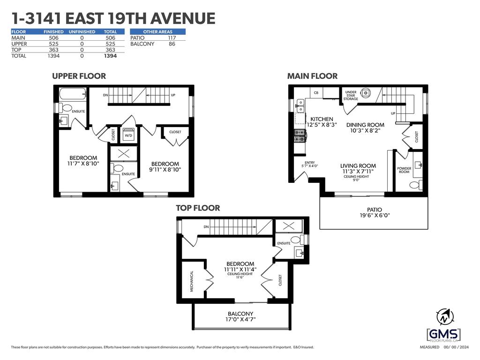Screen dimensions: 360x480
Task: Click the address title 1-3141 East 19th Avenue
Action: pyautogui.click(x=113, y=18)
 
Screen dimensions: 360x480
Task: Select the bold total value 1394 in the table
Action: pyautogui.click(x=110, y=56)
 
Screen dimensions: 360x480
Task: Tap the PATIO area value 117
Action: pyautogui.click(x=172, y=37)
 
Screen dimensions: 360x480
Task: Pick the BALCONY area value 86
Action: pyautogui.click(x=172, y=44)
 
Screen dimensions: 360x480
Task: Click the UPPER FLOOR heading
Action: pyautogui.click(x=79, y=76)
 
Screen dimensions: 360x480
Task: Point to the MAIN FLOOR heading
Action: pyautogui.click(x=312, y=76)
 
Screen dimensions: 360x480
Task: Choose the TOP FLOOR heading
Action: pyautogui.click(x=198, y=208)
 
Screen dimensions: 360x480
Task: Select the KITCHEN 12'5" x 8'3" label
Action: pyautogui.click(x=322, y=122)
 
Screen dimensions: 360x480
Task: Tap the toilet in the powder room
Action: pyautogui.click(x=414, y=185)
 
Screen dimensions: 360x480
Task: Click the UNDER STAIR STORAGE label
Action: pyautogui.click(x=351, y=95)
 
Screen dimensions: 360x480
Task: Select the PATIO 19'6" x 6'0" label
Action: pyautogui.click(x=374, y=213)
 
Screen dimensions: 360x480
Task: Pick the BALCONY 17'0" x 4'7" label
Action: pyautogui.click(x=240, y=316)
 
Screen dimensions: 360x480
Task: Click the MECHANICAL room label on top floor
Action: pyautogui.click(x=192, y=281)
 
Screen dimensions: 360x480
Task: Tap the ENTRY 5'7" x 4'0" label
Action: pyautogui.click(x=310, y=164)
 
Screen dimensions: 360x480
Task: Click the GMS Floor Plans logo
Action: pyautogui.click(x=443, y=335)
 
